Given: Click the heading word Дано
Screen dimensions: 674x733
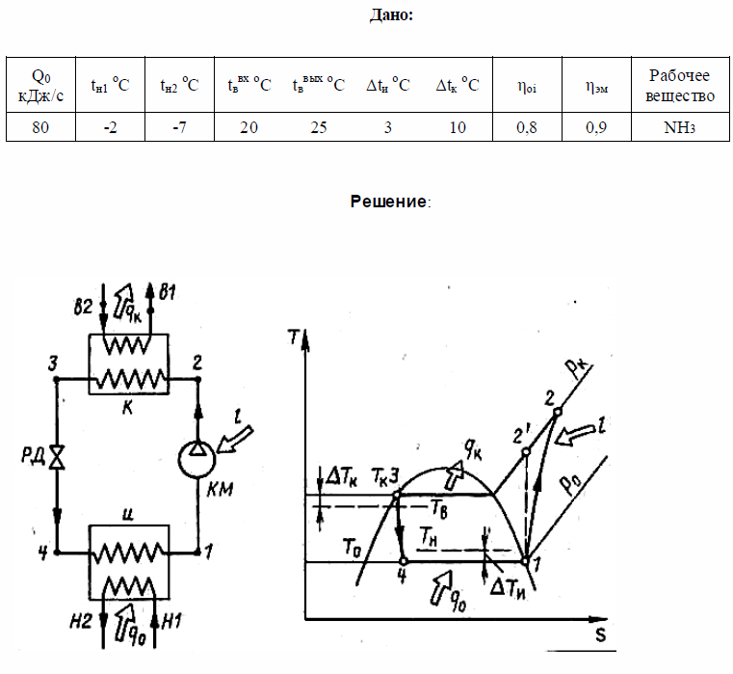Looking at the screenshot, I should tap(391, 15).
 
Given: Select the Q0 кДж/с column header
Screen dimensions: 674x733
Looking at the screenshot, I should tap(40, 85).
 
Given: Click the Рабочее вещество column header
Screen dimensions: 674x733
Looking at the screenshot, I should tap(681, 85).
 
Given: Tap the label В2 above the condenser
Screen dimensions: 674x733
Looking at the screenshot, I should tap(85, 306).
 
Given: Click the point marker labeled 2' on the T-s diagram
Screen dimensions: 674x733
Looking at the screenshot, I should tap(526, 451).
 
